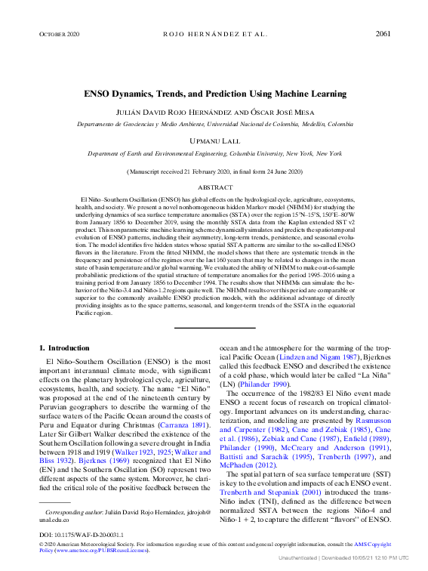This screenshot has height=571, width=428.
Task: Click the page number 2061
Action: point(383,34)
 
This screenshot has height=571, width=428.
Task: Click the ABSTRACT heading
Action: point(214,187)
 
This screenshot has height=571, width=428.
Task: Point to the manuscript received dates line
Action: point(214,172)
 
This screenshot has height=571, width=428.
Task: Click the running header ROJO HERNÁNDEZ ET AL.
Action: point(214,35)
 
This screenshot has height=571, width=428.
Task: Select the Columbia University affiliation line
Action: point(214,153)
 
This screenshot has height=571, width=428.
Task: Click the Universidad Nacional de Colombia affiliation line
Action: point(214,123)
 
